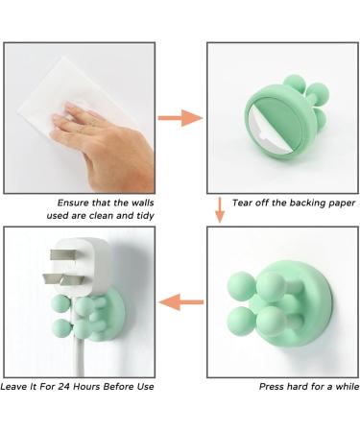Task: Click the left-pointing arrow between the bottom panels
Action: [x=182, y=304]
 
